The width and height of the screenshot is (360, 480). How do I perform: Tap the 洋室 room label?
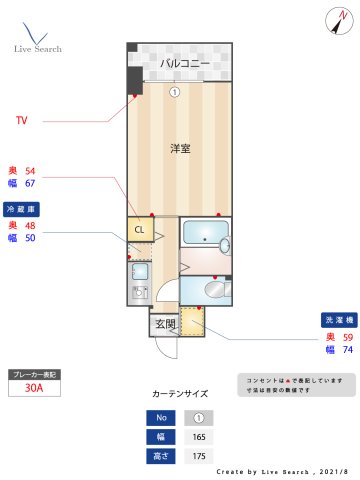tap(181, 148)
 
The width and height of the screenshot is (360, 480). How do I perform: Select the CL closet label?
tap(139, 229)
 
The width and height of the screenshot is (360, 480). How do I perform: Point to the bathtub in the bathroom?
tap(206, 235)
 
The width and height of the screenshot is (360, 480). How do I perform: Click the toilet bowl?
tap(214, 289)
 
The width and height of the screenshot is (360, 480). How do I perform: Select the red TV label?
tap(21, 121)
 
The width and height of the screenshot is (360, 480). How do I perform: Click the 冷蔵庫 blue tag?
tap(22, 210)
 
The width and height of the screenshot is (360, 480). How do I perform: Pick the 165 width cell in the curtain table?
tap(199, 436)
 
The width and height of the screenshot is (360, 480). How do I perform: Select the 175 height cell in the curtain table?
tap(199, 455)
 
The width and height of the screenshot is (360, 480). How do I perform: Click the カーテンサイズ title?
tap(179, 395)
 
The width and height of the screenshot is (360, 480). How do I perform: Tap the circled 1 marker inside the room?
tap(175, 92)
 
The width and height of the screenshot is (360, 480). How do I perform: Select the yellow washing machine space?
tap(192, 322)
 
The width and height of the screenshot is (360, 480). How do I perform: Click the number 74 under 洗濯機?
tap(347, 350)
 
